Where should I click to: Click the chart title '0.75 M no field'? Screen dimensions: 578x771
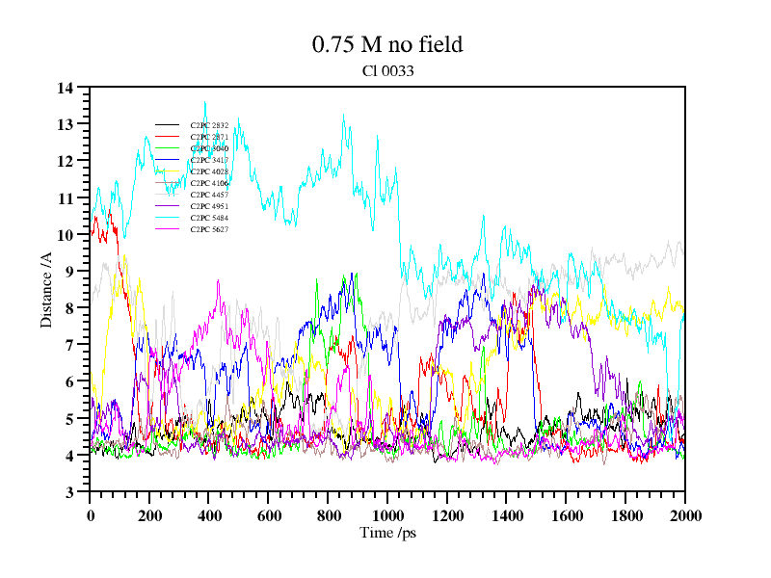pyautogui.click(x=386, y=44)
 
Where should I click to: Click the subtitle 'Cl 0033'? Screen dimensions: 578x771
pyautogui.click(x=386, y=70)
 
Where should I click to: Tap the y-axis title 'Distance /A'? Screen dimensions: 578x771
pyautogui.click(x=46, y=290)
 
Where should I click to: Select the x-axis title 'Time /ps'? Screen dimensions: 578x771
pyautogui.click(x=386, y=533)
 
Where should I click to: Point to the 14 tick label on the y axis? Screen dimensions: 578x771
pyautogui.click(x=66, y=89)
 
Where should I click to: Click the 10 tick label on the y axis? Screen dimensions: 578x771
pyautogui.click(x=66, y=235)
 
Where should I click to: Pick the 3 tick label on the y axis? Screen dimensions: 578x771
pyautogui.click(x=69, y=492)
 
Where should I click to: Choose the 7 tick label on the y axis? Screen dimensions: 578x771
pyautogui.click(x=69, y=345)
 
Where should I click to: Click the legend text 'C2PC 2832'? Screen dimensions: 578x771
pyautogui.click(x=209, y=125)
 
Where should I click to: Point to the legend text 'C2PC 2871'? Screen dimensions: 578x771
pyautogui.click(x=209, y=137)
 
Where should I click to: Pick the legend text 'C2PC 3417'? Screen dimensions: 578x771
pyautogui.click(x=209, y=160)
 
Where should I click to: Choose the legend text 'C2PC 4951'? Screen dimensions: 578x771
pyautogui.click(x=209, y=206)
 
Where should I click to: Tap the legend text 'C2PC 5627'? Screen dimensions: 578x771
pyautogui.click(x=209, y=229)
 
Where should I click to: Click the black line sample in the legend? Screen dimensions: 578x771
pyautogui.click(x=168, y=125)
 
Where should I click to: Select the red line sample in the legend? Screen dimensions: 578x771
pyautogui.click(x=168, y=137)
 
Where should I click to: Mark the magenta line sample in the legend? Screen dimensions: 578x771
pyautogui.click(x=168, y=218)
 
